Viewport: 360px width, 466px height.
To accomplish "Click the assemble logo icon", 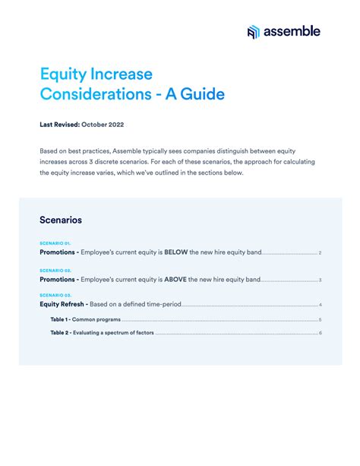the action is click(254, 31).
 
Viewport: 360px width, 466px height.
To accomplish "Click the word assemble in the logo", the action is click(292, 31).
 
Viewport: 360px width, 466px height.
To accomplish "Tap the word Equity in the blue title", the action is click(63, 74).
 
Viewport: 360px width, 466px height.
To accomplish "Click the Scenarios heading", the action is click(61, 220).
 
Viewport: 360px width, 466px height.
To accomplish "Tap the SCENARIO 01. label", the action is click(55, 243).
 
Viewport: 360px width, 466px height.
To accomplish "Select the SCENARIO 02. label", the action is click(55, 270).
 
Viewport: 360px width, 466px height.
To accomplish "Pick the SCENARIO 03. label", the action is click(55, 295).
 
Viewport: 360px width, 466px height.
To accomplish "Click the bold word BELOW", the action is click(176, 252).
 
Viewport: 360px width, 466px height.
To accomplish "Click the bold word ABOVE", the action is click(176, 279).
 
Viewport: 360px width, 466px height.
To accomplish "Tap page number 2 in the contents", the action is click(321, 252).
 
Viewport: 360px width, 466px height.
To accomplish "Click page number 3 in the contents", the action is click(321, 279).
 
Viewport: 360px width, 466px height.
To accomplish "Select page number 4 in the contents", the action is click(321, 304).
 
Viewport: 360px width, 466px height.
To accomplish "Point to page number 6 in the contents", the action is click(321, 332).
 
